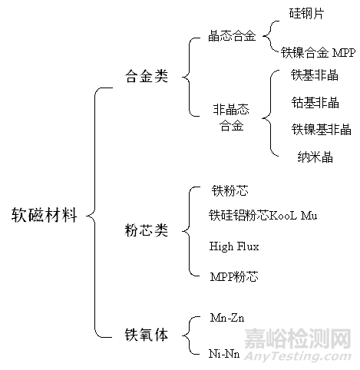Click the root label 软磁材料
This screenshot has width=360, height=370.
[x=45, y=215]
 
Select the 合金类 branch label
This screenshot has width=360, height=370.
[x=147, y=76]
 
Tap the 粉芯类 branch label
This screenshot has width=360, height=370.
[x=147, y=230]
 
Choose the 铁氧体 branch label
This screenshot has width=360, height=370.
[x=147, y=335]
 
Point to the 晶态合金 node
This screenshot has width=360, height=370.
[x=232, y=36]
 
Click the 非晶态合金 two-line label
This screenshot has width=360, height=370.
[x=231, y=117]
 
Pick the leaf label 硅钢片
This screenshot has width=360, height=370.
[x=306, y=13]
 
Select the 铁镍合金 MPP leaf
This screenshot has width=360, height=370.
[x=318, y=53]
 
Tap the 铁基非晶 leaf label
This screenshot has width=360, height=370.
[x=315, y=75]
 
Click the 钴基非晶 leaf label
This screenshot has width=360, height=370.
[x=315, y=103]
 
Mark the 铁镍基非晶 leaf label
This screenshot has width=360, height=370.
[x=321, y=129]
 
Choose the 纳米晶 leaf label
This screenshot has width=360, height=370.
[x=315, y=157]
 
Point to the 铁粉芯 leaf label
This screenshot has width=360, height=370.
[x=230, y=190]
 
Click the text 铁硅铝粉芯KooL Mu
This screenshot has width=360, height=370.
[x=263, y=215]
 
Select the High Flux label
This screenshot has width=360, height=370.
[x=234, y=246]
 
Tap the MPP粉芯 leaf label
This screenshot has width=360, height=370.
[x=234, y=276]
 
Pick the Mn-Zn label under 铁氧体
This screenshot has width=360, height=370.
[x=227, y=318]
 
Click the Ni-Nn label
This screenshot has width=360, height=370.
[x=224, y=354]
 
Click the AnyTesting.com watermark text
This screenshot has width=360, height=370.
[x=298, y=356]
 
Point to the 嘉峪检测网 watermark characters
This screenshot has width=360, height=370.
[x=298, y=339]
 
